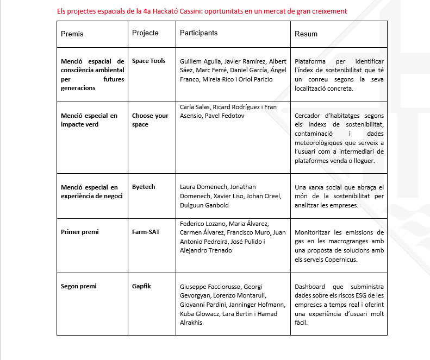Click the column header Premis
[x=72, y=34]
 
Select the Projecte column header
[x=145, y=33]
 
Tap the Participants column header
[x=198, y=33]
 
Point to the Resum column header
[x=306, y=34]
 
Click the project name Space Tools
[x=149, y=61]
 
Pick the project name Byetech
[x=144, y=187]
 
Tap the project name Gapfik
[x=142, y=286]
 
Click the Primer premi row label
[x=80, y=232]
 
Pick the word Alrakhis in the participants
[x=192, y=323]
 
